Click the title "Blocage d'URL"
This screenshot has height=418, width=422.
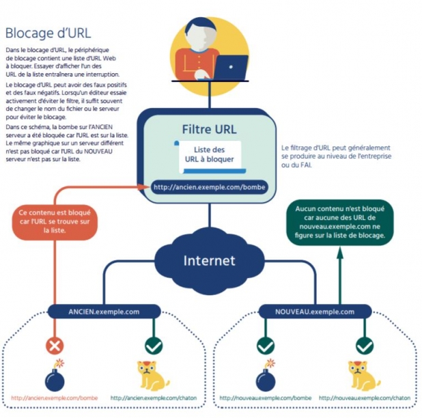pyautogui.click(x=48, y=33)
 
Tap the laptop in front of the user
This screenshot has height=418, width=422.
pyautogui.click(x=231, y=68)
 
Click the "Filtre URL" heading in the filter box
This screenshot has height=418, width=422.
pyautogui.click(x=210, y=129)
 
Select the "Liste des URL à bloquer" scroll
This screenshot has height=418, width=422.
pyautogui.click(x=210, y=157)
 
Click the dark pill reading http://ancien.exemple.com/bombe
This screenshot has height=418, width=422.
pyautogui.click(x=210, y=187)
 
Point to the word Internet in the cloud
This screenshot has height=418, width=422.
pyautogui.click(x=210, y=260)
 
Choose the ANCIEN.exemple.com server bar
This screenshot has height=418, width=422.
pyautogui.click(x=104, y=311)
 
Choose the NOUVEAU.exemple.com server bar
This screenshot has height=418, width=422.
pyautogui.click(x=315, y=311)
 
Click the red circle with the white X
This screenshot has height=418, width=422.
pyautogui.click(x=55, y=346)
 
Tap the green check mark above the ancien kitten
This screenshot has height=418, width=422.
pyautogui.click(x=154, y=346)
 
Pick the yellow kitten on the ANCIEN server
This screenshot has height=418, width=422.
pyautogui.click(x=153, y=376)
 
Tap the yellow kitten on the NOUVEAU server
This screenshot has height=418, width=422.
pyautogui.click(x=364, y=376)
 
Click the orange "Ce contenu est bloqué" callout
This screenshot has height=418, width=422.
pyautogui.click(x=55, y=221)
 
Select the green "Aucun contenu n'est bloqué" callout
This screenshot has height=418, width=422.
pyautogui.click(x=339, y=223)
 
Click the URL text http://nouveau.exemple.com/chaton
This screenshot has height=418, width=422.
pyautogui.click(x=365, y=398)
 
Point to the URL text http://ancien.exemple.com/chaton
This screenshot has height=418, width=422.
pyautogui.click(x=154, y=398)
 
